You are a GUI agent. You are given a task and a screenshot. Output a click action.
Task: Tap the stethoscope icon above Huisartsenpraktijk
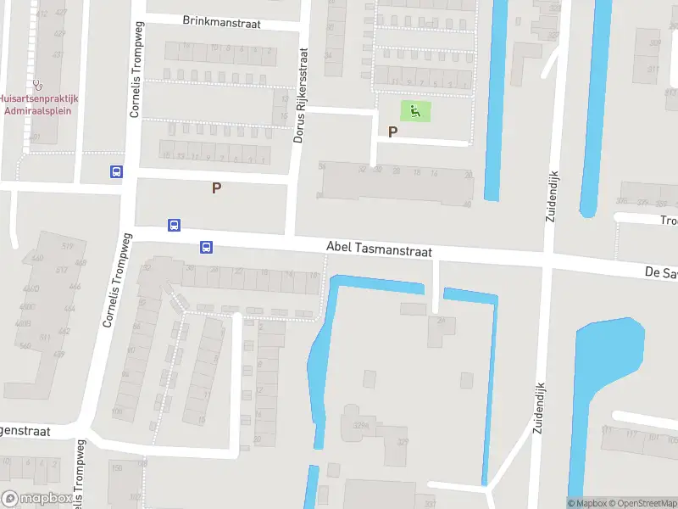(37, 85)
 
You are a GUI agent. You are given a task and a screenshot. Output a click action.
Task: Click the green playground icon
(414, 110)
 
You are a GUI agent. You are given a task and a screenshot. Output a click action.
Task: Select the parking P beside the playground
(392, 131)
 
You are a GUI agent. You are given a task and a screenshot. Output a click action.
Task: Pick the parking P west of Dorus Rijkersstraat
(216, 187)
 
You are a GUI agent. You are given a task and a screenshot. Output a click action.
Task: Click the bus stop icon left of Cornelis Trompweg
(116, 171)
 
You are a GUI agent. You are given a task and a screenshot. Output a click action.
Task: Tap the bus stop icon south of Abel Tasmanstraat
(206, 248)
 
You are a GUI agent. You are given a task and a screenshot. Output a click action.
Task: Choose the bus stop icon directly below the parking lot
(174, 225)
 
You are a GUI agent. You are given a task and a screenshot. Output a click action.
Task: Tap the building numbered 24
(441, 320)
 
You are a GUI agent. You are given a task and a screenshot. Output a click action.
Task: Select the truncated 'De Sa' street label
(660, 273)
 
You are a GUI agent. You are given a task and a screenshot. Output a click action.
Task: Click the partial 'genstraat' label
(25, 432)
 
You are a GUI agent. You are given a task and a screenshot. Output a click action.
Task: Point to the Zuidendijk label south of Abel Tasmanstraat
(537, 406)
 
